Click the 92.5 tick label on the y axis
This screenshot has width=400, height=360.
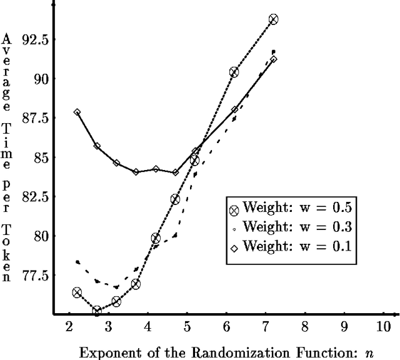tap(36, 39)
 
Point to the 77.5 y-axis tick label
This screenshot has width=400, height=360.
tap(36, 275)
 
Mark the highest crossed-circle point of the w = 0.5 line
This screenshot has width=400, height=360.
tap(273, 19)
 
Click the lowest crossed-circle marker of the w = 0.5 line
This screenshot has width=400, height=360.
tap(97, 311)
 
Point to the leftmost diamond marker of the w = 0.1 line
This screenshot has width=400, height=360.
tap(77, 112)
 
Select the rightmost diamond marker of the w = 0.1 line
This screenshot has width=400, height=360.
tap(273, 59)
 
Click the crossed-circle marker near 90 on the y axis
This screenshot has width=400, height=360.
tap(234, 72)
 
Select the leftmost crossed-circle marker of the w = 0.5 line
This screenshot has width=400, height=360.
tap(77, 292)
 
